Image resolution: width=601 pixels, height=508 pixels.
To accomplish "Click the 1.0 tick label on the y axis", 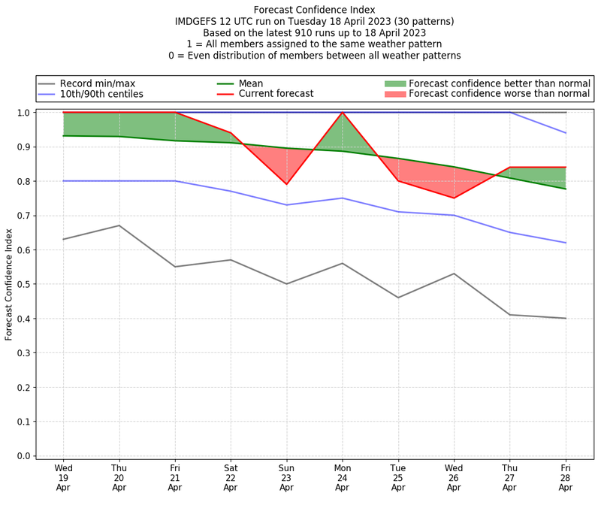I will click(23, 113).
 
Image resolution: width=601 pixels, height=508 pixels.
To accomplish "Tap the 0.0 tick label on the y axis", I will click(23, 456).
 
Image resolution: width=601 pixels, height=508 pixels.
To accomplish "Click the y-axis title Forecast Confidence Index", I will click(9, 284).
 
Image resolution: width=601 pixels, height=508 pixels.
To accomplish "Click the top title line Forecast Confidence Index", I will click(315, 10).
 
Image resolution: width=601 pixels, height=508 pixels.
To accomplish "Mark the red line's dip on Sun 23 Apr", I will click(286, 184).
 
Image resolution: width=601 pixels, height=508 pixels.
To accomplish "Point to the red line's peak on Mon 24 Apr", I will click(343, 113).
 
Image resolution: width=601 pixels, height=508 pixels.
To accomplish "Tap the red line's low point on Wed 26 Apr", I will click(454, 198).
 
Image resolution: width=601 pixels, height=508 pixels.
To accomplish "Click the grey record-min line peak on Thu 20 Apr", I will click(119, 225).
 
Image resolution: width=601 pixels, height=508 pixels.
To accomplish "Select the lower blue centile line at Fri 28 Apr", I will click(566, 243).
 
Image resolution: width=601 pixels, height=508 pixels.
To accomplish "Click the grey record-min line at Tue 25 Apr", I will click(398, 298).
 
